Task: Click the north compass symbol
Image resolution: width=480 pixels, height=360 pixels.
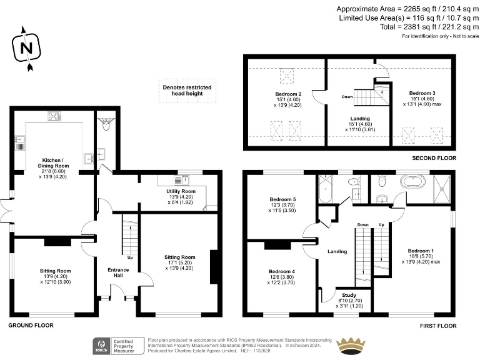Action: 25,47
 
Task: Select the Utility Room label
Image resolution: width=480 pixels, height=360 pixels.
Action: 181,191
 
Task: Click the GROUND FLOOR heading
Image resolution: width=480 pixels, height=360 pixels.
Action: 31,326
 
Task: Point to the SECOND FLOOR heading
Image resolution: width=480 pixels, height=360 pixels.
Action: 434,159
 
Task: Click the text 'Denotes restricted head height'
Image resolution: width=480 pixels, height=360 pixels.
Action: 187,90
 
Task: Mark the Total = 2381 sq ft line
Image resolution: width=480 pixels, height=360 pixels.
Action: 422,27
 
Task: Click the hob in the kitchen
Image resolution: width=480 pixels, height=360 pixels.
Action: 54,116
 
